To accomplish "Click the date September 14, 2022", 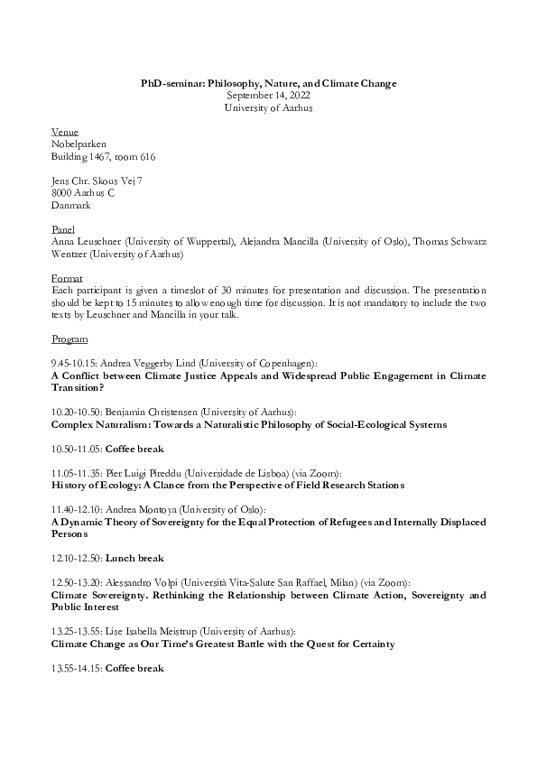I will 268,95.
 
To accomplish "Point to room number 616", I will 146,156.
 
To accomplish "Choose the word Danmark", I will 71,205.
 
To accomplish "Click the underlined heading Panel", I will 63,230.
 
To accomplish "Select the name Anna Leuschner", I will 86,242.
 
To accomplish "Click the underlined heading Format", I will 67,279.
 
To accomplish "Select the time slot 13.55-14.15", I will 77,668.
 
